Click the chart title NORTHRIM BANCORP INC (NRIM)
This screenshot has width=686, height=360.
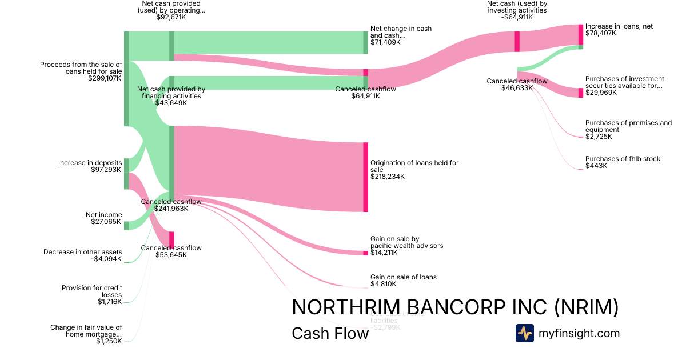(455, 307)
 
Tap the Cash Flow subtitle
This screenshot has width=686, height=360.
(330, 333)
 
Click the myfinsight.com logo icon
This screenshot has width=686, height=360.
(524, 333)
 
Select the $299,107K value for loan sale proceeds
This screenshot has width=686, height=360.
(105, 78)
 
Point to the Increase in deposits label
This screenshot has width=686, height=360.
(90, 163)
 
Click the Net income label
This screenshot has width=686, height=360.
(104, 215)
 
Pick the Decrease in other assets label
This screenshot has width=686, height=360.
(83, 252)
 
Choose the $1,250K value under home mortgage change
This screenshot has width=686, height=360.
(109, 341)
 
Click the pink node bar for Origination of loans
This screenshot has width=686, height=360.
(365, 177)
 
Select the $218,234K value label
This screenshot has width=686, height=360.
(388, 177)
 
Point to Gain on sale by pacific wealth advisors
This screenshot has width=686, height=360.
(406, 242)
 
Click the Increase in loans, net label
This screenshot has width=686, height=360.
(619, 26)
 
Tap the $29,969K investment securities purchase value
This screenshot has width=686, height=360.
(601, 93)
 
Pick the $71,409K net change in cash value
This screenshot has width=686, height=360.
(385, 42)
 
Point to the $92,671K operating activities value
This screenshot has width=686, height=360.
(171, 17)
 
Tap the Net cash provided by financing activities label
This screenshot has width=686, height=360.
(171, 93)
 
